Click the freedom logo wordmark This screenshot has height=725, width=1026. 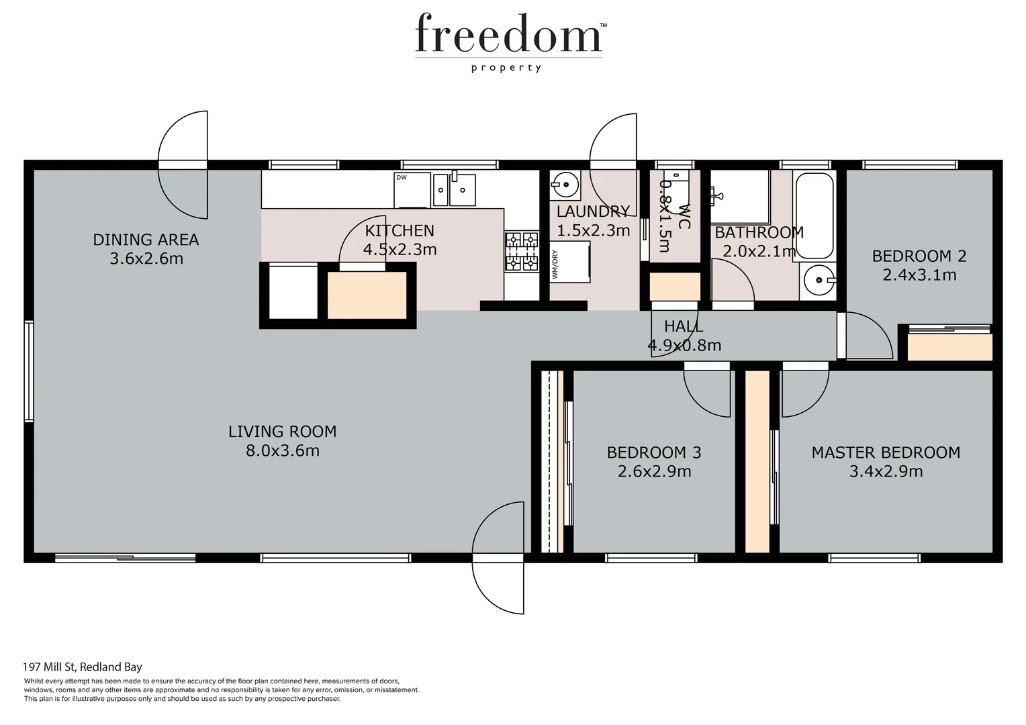[x=508, y=34]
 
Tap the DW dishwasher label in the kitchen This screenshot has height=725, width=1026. [x=402, y=178]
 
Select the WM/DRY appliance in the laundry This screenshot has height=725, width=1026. [x=570, y=263]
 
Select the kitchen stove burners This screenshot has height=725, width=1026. [x=522, y=251]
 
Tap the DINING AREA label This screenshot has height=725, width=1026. [x=146, y=240]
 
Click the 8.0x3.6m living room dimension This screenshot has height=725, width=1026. [x=282, y=450]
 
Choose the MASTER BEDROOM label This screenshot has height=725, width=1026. [x=886, y=452]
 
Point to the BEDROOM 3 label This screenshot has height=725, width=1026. [x=654, y=452]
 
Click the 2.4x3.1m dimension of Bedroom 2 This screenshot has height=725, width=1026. [x=919, y=275]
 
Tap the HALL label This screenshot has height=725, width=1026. [x=684, y=327]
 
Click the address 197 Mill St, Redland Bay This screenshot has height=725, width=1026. [x=83, y=667]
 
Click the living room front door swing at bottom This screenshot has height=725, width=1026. [x=498, y=558]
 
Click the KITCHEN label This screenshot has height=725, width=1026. [x=400, y=231]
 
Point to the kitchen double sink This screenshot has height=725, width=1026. [x=454, y=189]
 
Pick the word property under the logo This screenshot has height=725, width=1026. [x=506, y=68]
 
